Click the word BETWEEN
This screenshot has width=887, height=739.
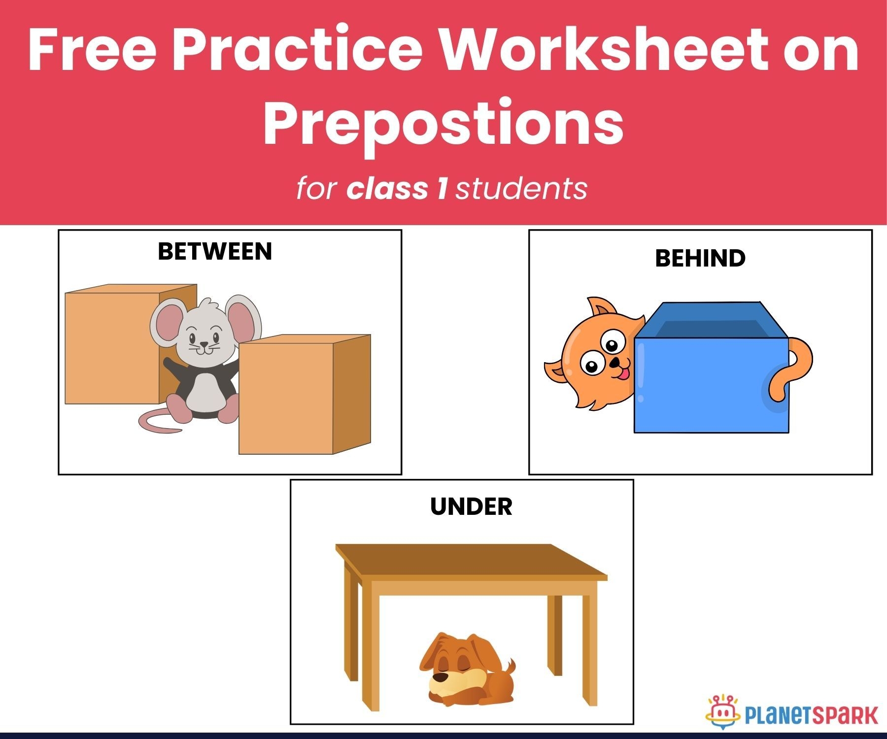click(215, 251)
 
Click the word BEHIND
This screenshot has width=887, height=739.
click(700, 258)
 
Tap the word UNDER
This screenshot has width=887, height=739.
click(471, 506)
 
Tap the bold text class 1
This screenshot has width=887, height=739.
click(397, 189)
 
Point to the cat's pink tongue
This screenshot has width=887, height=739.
click(623, 374)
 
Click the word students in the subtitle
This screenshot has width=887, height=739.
click(521, 189)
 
